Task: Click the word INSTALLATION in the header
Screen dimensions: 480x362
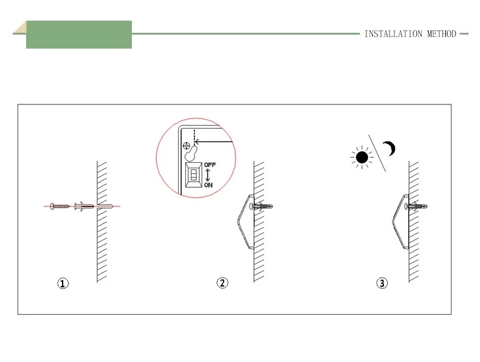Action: pos(393,33)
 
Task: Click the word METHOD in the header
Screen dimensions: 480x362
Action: pos(442,33)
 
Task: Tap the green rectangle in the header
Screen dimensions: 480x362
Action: pos(79,35)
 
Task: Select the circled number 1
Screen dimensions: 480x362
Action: pos(63,283)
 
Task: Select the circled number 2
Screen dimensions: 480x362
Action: pos(222,282)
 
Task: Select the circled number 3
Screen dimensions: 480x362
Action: pos(382,283)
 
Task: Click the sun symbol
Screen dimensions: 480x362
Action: pos(362,157)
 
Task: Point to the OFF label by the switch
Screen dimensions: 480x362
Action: pos(210,165)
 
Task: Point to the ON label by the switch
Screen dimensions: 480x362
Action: pos(208,185)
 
